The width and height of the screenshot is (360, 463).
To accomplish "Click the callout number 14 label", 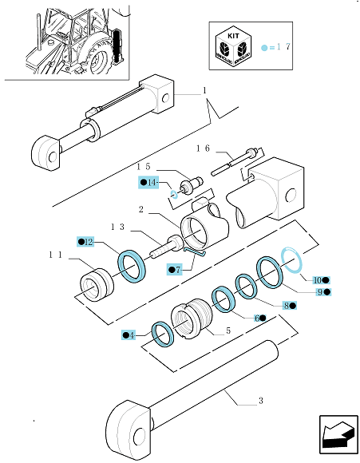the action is (148, 182).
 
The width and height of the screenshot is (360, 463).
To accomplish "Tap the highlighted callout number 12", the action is (85, 243).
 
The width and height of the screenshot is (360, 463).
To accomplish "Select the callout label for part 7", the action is (175, 270).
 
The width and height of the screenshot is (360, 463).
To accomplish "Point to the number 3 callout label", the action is (261, 401).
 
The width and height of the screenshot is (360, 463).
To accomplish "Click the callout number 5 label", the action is (228, 330).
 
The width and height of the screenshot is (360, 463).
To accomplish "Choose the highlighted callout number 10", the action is (322, 280).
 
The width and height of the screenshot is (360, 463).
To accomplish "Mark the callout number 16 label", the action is (204, 148).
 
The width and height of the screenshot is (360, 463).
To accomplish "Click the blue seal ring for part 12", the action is (132, 266).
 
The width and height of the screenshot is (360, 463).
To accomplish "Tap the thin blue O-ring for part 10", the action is (291, 260).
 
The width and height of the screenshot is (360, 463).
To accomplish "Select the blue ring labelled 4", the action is (163, 334).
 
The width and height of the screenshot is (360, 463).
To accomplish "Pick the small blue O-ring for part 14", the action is (174, 194).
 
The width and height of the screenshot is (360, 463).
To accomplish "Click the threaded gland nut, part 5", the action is (192, 319).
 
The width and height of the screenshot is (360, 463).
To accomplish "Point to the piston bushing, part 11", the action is (97, 285).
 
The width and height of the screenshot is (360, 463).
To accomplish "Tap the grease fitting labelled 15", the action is (192, 184).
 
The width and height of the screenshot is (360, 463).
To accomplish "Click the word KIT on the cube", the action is (233, 36).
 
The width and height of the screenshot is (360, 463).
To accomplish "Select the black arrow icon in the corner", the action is (338, 434).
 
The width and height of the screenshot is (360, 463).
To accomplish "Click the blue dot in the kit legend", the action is (264, 48).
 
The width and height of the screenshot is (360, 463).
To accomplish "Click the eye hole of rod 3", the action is (140, 436).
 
